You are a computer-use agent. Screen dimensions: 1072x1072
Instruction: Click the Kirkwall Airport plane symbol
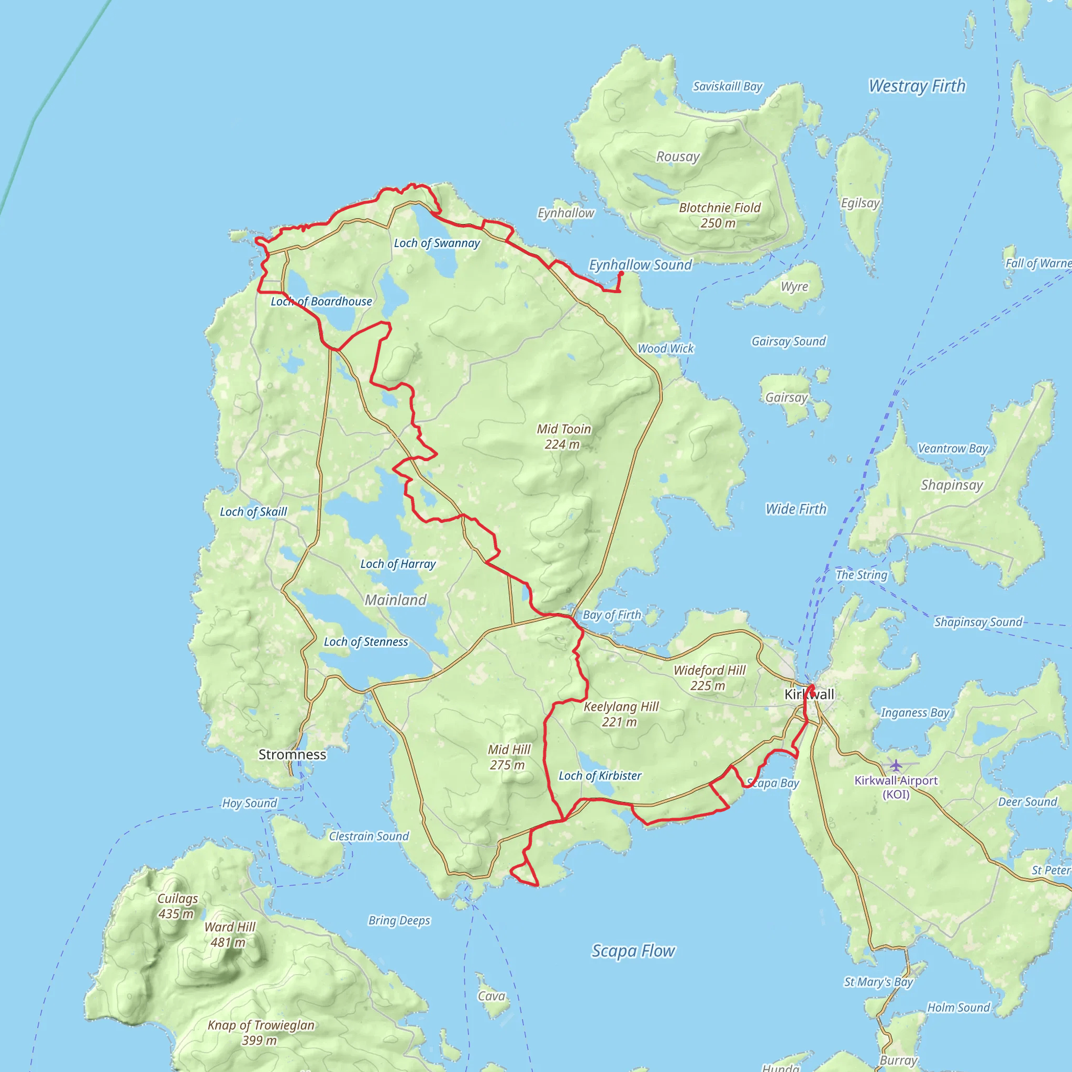896,766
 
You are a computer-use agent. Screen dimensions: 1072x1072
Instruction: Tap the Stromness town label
293,755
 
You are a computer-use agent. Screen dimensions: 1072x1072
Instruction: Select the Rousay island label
677,157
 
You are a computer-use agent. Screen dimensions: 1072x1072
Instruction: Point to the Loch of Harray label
398,564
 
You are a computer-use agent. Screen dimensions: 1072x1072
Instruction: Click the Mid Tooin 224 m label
563,437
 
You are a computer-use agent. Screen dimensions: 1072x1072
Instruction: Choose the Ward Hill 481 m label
230,934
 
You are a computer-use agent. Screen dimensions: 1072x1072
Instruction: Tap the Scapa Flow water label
633,951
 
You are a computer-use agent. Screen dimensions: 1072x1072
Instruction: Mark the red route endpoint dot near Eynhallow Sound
621,274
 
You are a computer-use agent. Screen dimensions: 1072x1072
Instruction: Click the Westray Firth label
917,86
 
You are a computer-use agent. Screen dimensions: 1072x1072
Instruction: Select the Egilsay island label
860,203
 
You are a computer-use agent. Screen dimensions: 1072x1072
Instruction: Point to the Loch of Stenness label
366,642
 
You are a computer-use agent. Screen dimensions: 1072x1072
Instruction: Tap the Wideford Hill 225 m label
709,678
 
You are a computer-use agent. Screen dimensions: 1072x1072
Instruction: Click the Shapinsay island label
952,486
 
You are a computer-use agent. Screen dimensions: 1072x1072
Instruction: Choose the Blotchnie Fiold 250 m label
720,215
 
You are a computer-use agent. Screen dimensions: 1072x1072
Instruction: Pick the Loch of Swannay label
437,243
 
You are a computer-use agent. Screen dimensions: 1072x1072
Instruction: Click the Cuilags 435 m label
177,906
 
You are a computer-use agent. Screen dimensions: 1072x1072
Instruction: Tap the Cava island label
492,997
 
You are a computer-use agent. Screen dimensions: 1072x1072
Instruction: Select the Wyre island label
794,287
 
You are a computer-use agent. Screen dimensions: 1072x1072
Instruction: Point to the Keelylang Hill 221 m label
621,714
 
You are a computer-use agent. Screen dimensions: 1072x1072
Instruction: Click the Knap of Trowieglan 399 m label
261,1033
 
